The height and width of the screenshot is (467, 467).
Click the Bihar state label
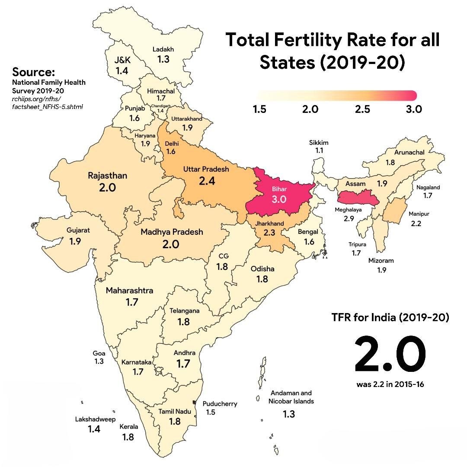click(x=279, y=189)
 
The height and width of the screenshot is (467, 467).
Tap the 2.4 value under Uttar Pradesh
click(x=207, y=181)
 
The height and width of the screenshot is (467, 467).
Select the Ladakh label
click(x=163, y=49)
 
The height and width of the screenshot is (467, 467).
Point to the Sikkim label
click(x=319, y=143)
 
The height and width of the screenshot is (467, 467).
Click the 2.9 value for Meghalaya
click(x=349, y=219)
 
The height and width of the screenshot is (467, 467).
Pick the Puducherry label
click(x=220, y=404)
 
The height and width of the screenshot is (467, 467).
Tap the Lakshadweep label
click(x=95, y=419)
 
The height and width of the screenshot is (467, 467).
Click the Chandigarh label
click(x=161, y=106)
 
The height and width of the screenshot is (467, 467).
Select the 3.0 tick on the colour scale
click(x=414, y=109)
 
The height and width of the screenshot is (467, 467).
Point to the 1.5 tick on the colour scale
click(x=259, y=109)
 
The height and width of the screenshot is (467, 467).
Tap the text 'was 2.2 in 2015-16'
click(x=390, y=384)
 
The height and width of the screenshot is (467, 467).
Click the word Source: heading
click(x=33, y=72)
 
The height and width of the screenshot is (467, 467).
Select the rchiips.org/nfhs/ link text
click(x=36, y=99)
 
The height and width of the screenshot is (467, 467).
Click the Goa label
click(x=99, y=353)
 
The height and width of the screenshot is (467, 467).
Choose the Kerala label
click(x=129, y=427)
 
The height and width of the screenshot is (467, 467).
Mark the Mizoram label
click(x=381, y=261)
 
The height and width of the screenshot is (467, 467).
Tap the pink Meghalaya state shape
click(x=358, y=198)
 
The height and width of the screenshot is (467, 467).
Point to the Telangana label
click(x=184, y=311)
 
